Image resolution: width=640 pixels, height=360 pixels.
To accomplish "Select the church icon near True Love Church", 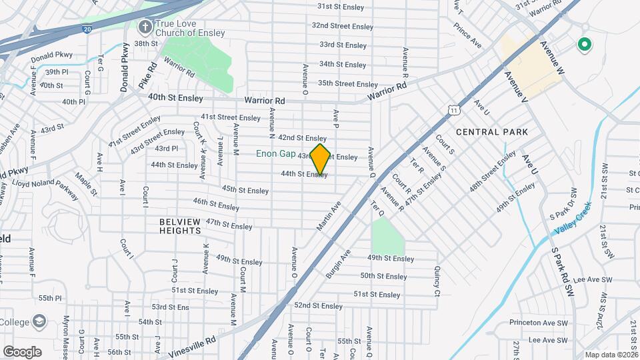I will (x=145, y=28).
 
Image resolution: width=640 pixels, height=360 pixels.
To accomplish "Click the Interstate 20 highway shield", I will (x=88, y=29).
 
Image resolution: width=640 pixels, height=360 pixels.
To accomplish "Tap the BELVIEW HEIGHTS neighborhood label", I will (x=180, y=226).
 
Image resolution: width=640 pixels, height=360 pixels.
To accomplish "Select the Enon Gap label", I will (x=275, y=153).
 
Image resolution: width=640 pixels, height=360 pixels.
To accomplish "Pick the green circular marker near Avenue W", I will (x=585, y=45).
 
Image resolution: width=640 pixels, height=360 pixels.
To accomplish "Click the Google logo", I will (x=22, y=351).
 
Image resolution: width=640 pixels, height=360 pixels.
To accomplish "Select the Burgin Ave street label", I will (x=338, y=264).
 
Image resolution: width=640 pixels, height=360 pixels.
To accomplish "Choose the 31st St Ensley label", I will (x=341, y=6).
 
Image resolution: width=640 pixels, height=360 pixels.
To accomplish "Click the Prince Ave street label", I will (x=467, y=36).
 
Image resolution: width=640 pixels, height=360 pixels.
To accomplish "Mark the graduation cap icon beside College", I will (x=39, y=321).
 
